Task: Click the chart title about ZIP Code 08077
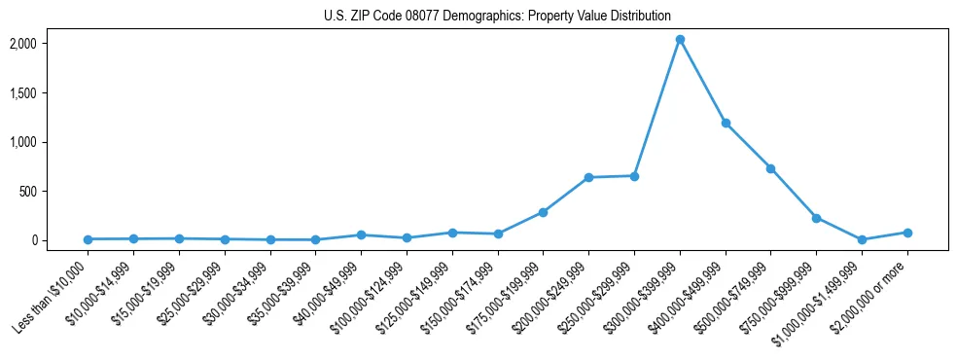pos(497,16)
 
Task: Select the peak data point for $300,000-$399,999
pos(680,40)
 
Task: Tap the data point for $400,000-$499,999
pos(726,124)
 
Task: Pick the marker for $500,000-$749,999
pos(770,168)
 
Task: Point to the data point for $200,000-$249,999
pos(588,177)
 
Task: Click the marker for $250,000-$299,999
pos(634,176)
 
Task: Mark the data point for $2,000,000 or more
pos(907,233)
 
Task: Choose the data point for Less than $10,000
pos(88,239)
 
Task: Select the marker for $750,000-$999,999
pos(816,218)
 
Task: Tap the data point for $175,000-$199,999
pos(543,212)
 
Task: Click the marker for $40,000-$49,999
pos(361,234)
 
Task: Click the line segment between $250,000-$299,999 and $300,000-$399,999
pos(657,108)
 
